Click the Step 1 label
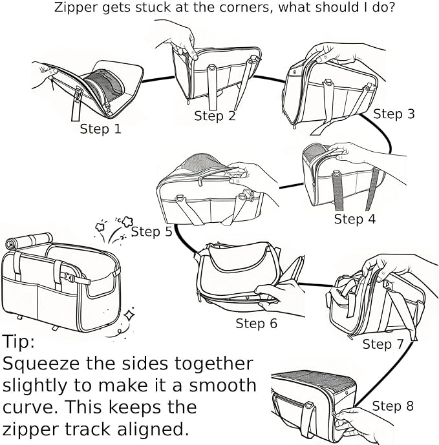coord(101,129)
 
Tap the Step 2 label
coord(215,116)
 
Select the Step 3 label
coord(394,114)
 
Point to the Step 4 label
coord(354,219)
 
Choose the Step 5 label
coord(151,232)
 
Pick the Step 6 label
coord(256,323)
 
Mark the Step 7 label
coord(383,344)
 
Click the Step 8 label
coord(392,406)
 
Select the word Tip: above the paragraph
coord(19,341)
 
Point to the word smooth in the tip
coord(222,386)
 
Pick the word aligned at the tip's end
coord(153,429)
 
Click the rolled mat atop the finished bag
coord(29,240)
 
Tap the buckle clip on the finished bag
coord(69,277)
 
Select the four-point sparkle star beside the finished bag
coord(129,315)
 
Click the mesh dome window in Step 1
coord(104,83)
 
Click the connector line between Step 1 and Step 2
coord(158,79)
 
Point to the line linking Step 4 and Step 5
coord(291,186)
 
